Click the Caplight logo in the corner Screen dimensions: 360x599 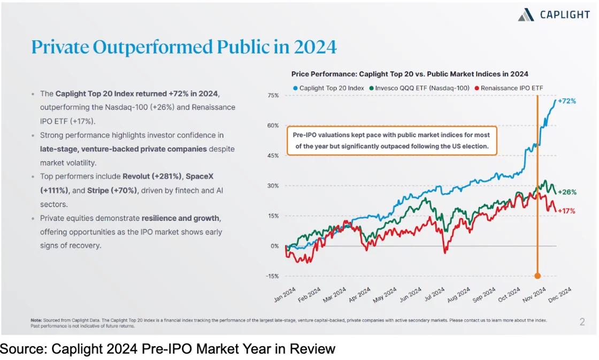554,15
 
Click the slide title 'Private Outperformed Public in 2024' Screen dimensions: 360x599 184,47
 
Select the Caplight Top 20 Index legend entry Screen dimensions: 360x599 328,88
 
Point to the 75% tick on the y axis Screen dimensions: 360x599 273,96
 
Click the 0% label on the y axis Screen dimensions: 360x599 274,247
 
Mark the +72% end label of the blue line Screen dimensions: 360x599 566,101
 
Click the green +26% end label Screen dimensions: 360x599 566,192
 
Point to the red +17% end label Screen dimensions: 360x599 566,211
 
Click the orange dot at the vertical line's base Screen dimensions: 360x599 537,276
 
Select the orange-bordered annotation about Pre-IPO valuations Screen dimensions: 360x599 391,140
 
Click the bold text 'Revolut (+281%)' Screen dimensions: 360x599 151,177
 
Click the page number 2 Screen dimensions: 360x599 582,322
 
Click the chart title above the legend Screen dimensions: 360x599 409,74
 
